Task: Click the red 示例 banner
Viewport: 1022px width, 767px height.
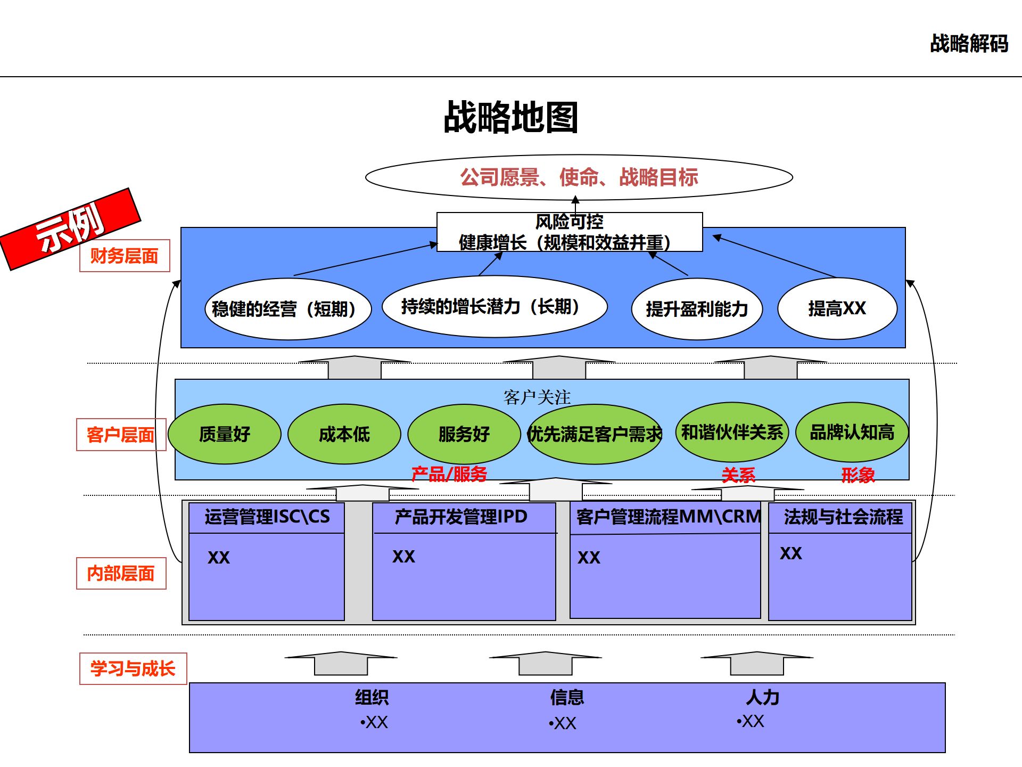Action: [70, 229]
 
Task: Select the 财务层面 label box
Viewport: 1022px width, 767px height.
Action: [125, 256]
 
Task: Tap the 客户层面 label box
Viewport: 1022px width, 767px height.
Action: [121, 435]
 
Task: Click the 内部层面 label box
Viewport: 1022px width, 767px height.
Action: [121, 573]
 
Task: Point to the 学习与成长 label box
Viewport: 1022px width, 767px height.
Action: [133, 668]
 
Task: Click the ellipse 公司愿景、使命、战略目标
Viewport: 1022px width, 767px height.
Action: [579, 177]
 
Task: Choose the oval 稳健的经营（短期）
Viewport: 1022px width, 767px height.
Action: [287, 309]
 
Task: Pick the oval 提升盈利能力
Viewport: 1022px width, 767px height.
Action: [697, 309]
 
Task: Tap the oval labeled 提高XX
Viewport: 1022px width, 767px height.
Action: [837, 308]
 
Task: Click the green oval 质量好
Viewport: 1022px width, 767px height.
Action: [224, 434]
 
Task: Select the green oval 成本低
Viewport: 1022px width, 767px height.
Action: [344, 434]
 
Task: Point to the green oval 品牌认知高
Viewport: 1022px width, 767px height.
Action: [852, 432]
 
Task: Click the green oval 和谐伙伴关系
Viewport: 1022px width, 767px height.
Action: [732, 432]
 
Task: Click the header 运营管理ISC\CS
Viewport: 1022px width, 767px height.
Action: [267, 517]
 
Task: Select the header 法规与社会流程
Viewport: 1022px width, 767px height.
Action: [843, 517]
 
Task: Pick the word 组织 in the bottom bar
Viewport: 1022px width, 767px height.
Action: [372, 697]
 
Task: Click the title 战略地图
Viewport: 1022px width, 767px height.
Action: [510, 117]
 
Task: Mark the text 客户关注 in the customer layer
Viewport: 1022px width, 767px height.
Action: [537, 397]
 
